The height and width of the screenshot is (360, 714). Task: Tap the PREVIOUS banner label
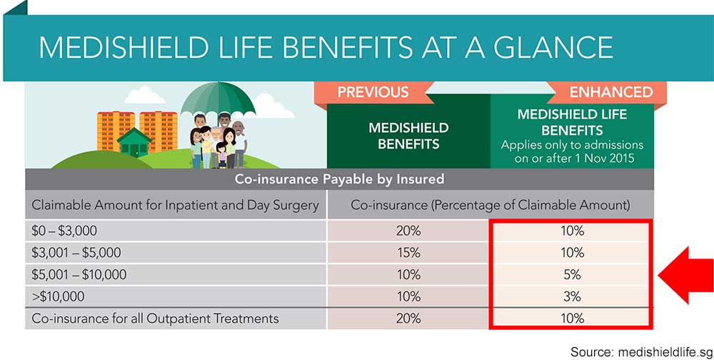373,92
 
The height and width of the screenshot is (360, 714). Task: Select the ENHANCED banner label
610,92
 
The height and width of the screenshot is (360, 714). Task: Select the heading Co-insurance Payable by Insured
339,179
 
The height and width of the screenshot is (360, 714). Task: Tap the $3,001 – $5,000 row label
76,253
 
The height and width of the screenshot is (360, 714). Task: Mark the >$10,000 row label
59,296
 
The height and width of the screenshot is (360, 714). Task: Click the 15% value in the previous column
408,253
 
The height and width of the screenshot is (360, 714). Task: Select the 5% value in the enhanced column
571,274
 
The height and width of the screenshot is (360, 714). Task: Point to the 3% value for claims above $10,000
571,296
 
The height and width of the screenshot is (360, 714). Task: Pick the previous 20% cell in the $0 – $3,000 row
408,231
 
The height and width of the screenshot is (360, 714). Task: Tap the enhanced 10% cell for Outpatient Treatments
571,318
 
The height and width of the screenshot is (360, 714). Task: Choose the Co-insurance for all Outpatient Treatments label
155,318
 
